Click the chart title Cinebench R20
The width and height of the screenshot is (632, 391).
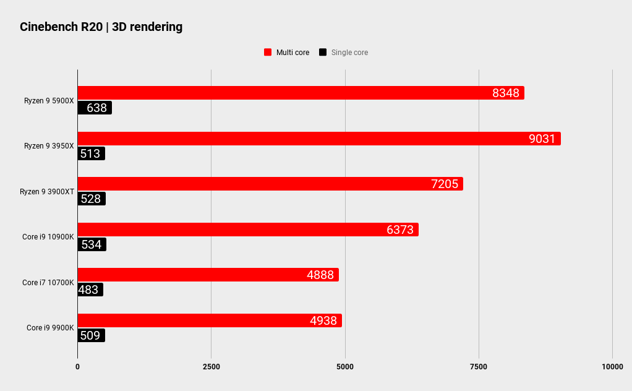(101, 27)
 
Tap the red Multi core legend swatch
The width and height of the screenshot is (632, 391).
(268, 53)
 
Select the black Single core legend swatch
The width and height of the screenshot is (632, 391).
(323, 53)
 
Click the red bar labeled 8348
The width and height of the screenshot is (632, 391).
(301, 93)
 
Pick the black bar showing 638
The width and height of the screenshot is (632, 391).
(95, 108)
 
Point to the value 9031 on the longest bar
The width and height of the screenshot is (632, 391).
(542, 139)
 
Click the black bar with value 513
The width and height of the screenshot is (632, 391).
(91, 153)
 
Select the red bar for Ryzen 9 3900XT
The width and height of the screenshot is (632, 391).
(270, 184)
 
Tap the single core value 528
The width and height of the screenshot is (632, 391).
(90, 199)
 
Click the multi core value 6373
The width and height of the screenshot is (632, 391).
(400, 230)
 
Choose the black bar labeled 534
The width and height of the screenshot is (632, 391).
(92, 244)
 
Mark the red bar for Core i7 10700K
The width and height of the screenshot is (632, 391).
(208, 275)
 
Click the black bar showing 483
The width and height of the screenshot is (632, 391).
(90, 290)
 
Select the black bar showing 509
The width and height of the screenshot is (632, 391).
(91, 335)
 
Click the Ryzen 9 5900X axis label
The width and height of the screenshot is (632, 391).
(49, 100)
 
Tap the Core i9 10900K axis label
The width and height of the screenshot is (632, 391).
(48, 237)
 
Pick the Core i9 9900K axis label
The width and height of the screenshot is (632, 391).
(50, 328)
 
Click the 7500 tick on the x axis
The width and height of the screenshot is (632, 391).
(479, 367)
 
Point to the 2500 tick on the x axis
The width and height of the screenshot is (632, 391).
(211, 367)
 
